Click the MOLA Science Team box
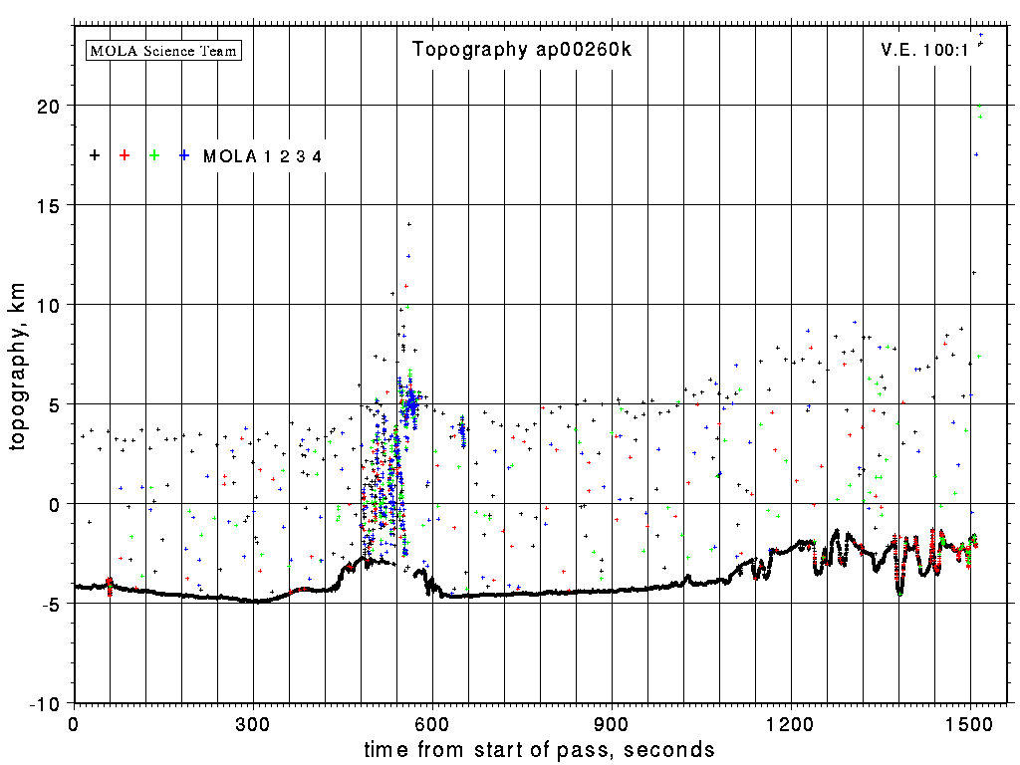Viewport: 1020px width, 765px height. click(x=164, y=50)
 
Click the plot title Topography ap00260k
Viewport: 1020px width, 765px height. click(x=522, y=50)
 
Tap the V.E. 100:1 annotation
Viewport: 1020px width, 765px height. click(x=924, y=50)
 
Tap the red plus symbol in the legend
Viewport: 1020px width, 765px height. click(x=125, y=155)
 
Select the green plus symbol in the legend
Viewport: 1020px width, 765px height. click(x=154, y=155)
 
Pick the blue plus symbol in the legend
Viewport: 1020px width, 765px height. click(x=184, y=155)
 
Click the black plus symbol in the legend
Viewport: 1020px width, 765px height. click(x=95, y=155)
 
